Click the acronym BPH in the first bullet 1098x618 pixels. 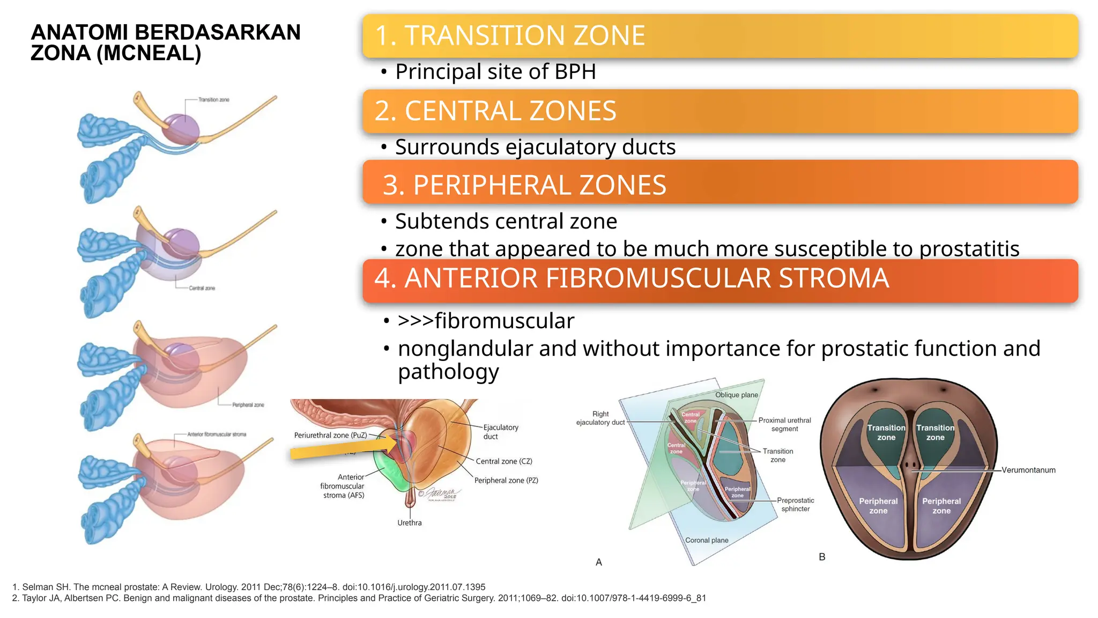click(575, 72)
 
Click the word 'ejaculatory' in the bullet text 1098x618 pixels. click(560, 148)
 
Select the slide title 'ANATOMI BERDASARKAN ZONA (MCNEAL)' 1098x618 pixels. click(165, 43)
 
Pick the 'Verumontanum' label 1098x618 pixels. click(1028, 470)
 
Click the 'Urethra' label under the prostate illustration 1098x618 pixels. click(409, 523)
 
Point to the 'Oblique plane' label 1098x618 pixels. click(736, 395)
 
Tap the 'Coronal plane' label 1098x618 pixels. click(707, 541)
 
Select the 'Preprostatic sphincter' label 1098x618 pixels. click(795, 505)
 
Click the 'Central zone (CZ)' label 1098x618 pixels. click(503, 461)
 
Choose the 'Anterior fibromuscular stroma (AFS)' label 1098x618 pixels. click(343, 486)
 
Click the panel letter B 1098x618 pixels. click(822, 557)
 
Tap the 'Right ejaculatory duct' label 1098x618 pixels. click(600, 418)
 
